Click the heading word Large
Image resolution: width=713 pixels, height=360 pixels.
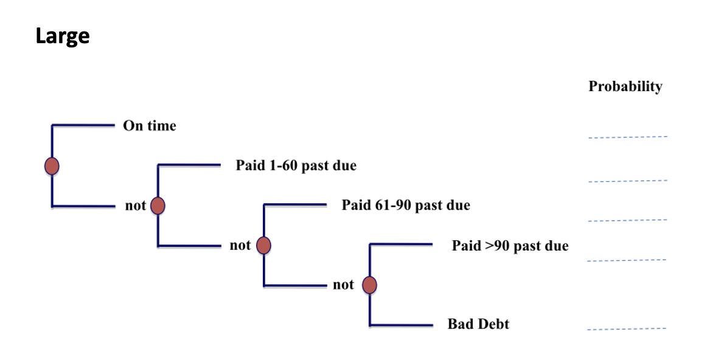63,36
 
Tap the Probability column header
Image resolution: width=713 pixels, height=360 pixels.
625,86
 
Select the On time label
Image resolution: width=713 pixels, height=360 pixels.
149,126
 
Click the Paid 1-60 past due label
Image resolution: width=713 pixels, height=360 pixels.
296,165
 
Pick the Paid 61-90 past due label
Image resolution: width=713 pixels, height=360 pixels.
405,205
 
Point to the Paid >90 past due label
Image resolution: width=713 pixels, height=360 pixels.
510,246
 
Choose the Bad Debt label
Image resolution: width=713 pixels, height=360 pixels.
478,324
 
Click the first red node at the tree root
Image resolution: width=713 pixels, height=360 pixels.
52,165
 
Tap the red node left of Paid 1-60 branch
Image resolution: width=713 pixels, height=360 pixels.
158,206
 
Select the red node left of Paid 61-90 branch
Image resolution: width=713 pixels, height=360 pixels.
263,245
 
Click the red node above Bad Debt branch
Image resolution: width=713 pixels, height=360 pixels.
369,285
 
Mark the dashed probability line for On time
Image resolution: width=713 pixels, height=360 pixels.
627,137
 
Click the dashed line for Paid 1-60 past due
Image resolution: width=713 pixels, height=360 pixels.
627,181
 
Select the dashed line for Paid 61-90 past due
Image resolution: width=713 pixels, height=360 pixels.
627,220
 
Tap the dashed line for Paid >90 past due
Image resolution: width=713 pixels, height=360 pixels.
626,260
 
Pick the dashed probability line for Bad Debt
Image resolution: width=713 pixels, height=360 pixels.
626,330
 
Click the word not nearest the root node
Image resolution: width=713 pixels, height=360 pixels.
136,206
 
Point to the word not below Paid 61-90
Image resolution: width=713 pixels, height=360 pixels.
240,246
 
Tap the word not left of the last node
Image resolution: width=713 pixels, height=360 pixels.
343,285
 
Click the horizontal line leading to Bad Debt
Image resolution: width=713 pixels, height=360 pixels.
402,325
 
